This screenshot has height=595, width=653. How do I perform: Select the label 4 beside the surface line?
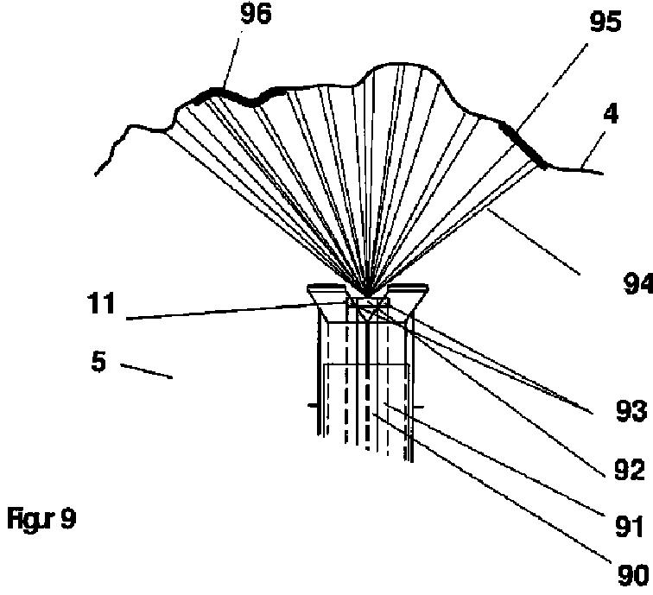click(x=611, y=115)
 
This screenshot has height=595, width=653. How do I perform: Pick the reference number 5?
click(x=98, y=361)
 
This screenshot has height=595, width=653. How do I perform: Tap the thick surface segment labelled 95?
click(x=524, y=145)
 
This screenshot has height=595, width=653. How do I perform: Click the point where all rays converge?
click(x=367, y=294)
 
